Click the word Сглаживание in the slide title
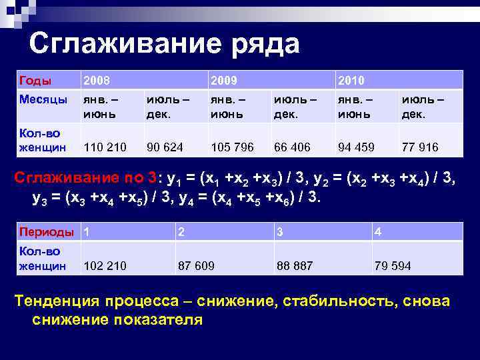(x=121, y=45)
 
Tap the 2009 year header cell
(x=224, y=81)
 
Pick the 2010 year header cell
(x=351, y=81)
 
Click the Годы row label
(x=35, y=81)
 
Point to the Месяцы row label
(x=43, y=99)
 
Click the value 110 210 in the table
(x=105, y=147)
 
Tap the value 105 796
(x=232, y=147)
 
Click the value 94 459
(x=356, y=147)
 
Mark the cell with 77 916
(x=419, y=147)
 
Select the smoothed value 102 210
(x=105, y=266)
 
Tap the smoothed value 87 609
(x=196, y=266)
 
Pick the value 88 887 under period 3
(x=294, y=266)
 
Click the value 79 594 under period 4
(x=393, y=266)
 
